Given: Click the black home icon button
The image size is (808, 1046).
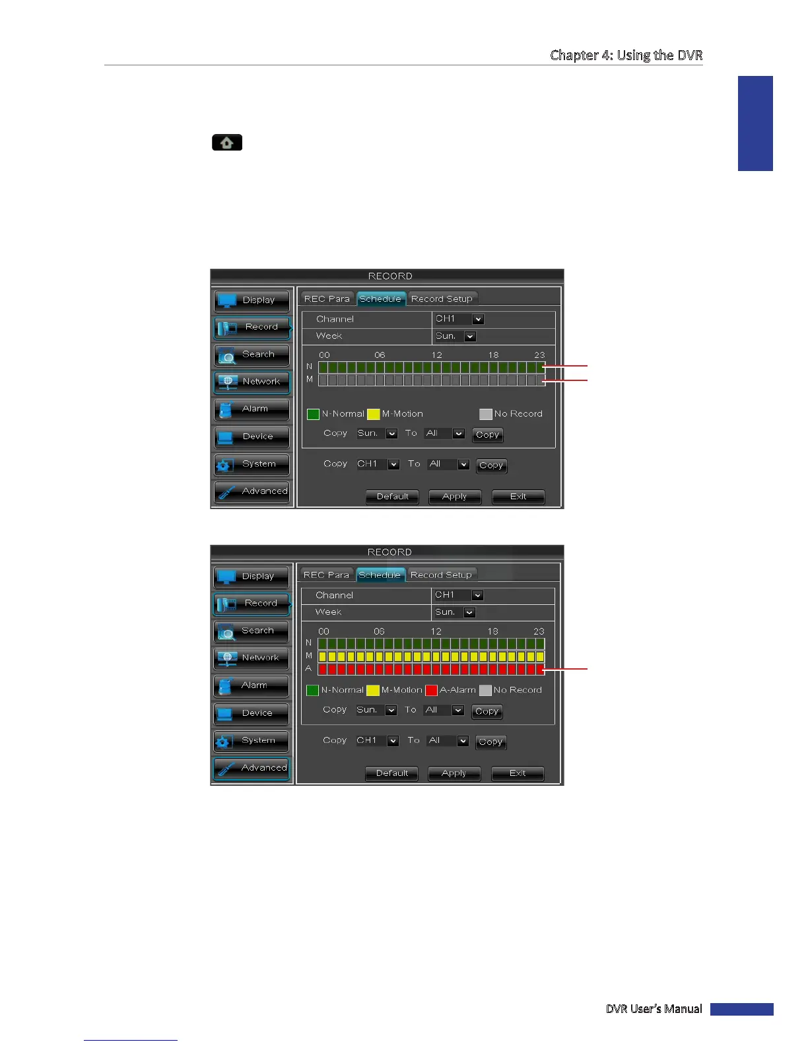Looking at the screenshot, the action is tap(226, 143).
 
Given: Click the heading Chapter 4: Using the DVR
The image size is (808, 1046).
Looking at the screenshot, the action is tap(626, 55).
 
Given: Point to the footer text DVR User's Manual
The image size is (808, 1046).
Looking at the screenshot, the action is tap(654, 1008).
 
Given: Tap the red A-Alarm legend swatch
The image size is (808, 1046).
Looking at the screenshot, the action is tap(431, 690).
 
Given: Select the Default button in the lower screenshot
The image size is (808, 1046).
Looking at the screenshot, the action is tap(391, 773).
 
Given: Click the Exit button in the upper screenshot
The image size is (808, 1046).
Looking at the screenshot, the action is tap(518, 497).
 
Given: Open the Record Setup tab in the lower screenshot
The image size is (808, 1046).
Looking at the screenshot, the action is tap(441, 575).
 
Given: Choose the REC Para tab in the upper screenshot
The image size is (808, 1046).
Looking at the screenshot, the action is tap(327, 299).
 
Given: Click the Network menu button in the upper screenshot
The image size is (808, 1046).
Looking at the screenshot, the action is tap(252, 382).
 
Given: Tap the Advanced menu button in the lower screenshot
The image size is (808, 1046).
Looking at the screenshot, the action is tap(251, 768).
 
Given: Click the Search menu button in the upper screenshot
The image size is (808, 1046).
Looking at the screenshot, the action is tap(252, 355).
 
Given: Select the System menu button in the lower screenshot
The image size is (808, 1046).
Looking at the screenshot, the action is tap(251, 741).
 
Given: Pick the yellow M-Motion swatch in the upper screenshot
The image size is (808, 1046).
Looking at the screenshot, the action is tap(373, 414).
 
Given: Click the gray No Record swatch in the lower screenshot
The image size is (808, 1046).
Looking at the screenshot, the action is tap(485, 690).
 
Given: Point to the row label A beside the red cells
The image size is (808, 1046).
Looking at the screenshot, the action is tap(308, 669).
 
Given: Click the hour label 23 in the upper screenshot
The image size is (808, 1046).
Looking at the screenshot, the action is tap(539, 355).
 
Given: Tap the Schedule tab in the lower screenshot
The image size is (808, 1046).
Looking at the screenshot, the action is tap(380, 575).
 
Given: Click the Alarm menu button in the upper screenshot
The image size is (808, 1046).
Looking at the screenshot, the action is tap(252, 409).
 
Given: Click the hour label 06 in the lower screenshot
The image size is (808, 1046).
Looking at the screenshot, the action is tap(379, 631).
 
